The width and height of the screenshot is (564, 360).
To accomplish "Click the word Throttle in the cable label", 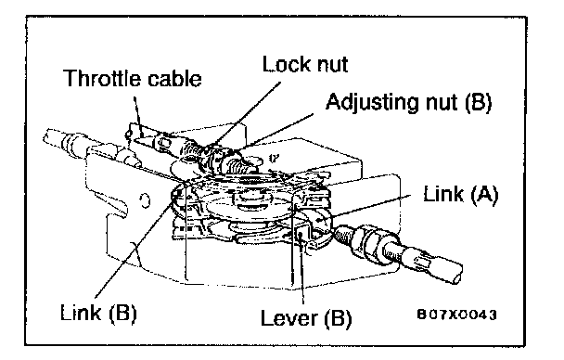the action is click(x=103, y=78).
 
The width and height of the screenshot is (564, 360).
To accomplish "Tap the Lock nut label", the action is click(x=305, y=65).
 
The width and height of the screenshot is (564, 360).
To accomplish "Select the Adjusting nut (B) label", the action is click(x=408, y=102).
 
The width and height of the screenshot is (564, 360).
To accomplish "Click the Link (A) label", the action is click(x=461, y=195).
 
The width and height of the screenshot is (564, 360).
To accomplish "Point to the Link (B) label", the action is click(x=98, y=312).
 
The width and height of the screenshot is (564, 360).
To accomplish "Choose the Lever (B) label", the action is click(x=306, y=318).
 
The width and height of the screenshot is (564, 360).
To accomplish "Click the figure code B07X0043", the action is click(x=456, y=315).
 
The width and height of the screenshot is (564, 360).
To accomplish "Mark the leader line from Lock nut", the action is click(x=244, y=115).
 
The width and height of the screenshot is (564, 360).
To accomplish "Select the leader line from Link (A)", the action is click(x=371, y=206).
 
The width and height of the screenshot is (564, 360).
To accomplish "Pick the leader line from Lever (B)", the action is click(x=302, y=269).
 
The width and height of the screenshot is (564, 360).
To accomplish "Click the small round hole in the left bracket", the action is click(x=146, y=200).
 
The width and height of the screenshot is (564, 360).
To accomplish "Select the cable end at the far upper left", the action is click(x=48, y=135).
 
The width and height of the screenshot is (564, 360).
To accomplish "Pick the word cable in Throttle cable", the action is click(x=174, y=78).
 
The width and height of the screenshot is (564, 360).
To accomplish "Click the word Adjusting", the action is click(x=372, y=102).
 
